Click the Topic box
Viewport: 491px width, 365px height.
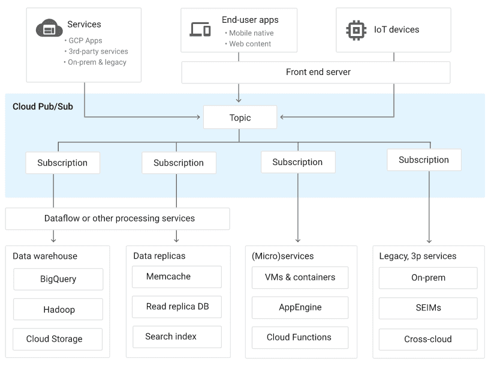(x=240, y=118)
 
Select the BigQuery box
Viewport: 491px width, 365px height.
(x=58, y=279)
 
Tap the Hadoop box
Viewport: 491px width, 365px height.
(x=58, y=310)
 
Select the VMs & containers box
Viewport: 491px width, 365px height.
(x=300, y=277)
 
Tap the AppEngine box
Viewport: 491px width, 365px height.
(x=300, y=307)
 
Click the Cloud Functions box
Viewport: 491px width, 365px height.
(x=300, y=337)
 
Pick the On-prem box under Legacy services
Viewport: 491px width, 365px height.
(x=428, y=278)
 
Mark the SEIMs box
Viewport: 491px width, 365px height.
(x=428, y=308)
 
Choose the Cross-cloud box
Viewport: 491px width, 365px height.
(x=428, y=339)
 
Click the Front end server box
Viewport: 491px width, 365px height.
(x=316, y=73)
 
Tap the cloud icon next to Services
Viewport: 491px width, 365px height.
(x=49, y=28)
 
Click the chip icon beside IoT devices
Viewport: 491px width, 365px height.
(x=356, y=29)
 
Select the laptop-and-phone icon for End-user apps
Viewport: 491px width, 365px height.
(x=200, y=29)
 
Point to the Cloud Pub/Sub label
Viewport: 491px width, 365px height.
(x=43, y=107)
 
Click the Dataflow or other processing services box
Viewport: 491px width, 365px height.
(x=118, y=219)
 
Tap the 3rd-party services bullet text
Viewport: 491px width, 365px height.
(x=98, y=52)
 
